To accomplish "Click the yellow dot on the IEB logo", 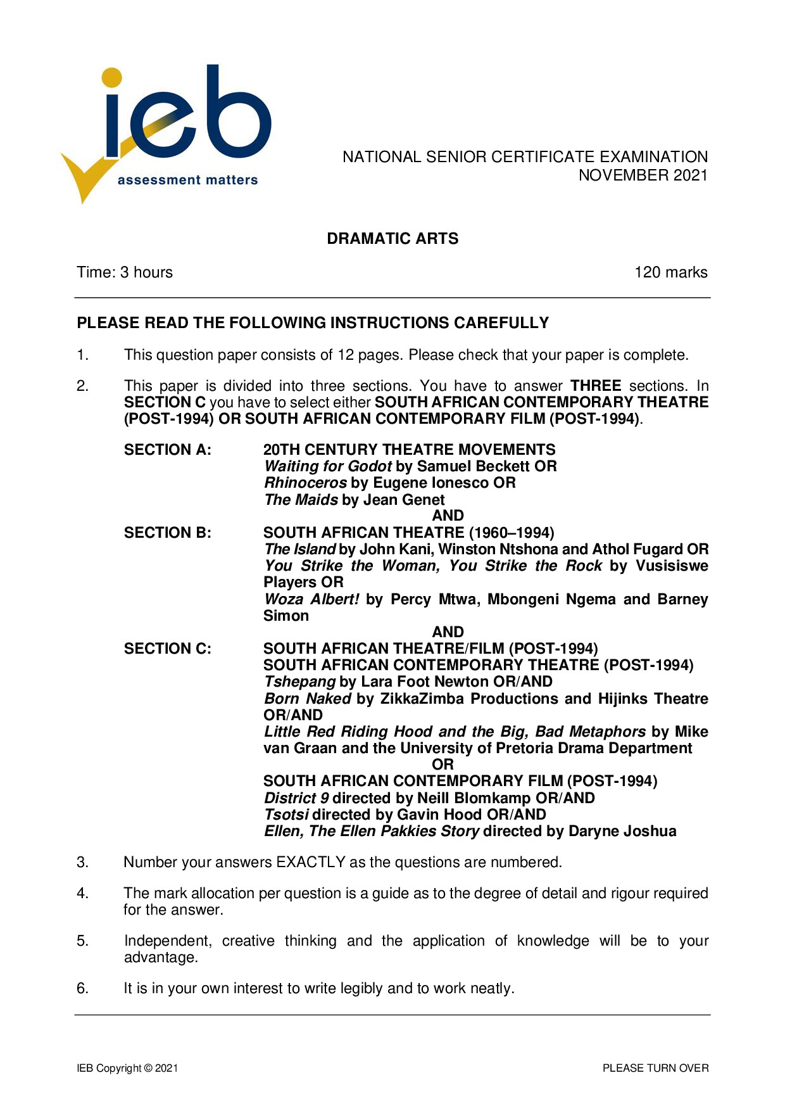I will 112,77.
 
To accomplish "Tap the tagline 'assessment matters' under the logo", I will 187,181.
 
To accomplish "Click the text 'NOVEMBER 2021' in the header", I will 643,175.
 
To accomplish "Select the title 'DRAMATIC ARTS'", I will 392,239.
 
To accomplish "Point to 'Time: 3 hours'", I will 125,272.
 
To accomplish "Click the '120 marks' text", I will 670,272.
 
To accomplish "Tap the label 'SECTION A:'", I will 168,450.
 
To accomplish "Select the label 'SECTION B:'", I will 168,533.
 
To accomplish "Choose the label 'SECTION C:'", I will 168,649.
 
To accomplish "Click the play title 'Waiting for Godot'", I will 327,467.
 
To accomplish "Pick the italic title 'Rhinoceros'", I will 305,483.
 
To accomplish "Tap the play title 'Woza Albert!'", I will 311,599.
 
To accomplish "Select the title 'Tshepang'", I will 299,682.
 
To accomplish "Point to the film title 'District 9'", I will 296,798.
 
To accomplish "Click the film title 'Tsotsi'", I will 286,815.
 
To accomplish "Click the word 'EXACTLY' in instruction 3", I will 311,862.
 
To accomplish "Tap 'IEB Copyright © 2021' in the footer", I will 127,1068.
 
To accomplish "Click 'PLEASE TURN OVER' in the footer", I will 655,1068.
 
